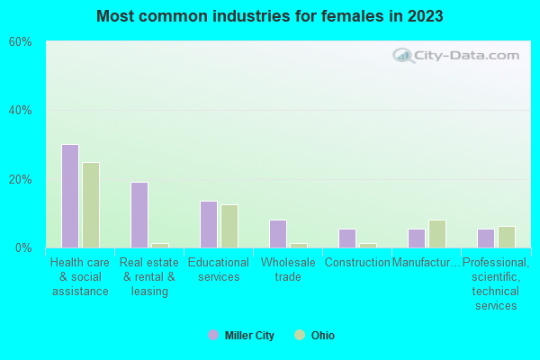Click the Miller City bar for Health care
(70, 196)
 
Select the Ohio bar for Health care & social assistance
(91, 205)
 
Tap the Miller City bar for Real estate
(139, 215)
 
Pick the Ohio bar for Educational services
(229, 226)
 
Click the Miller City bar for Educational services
(209, 224)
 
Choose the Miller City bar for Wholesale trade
(278, 234)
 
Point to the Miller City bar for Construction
(347, 238)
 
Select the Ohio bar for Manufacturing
(437, 234)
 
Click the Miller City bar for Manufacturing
(417, 238)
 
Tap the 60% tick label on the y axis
(20, 41)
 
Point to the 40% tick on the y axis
(20, 111)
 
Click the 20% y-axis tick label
(20, 179)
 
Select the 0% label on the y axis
(23, 247)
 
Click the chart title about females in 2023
(270, 16)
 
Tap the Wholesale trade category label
(288, 269)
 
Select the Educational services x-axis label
(219, 269)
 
